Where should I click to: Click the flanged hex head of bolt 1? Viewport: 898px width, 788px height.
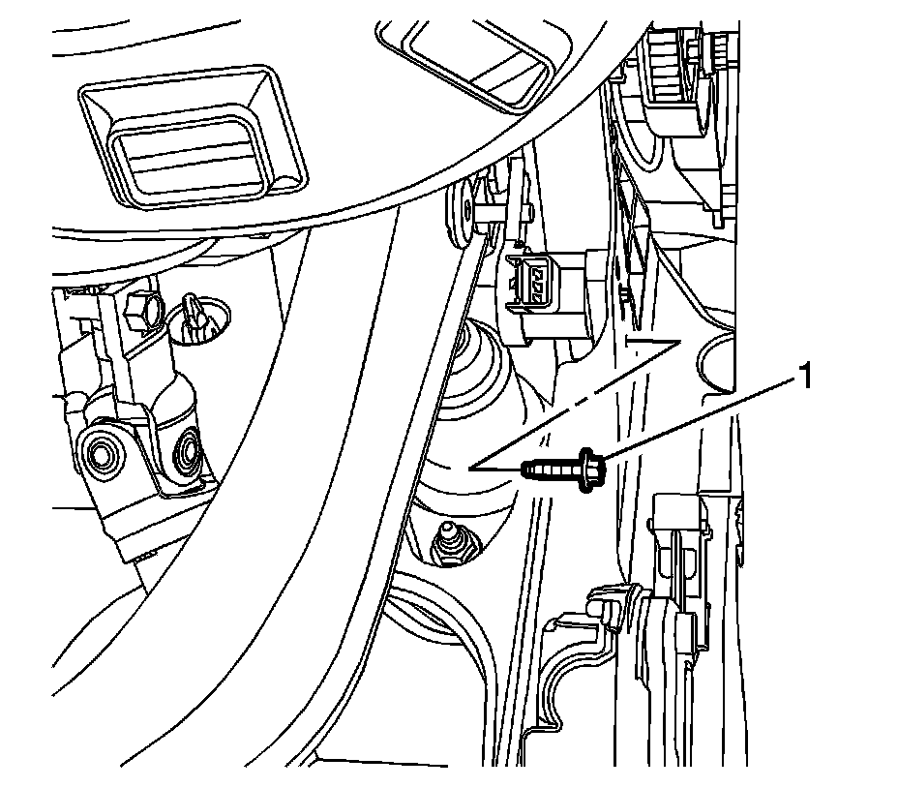pyautogui.click(x=591, y=469)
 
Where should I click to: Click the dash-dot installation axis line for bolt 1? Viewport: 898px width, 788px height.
pyautogui.click(x=581, y=397)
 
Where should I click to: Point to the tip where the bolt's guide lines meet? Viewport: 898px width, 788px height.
pyautogui.click(x=468, y=468)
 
